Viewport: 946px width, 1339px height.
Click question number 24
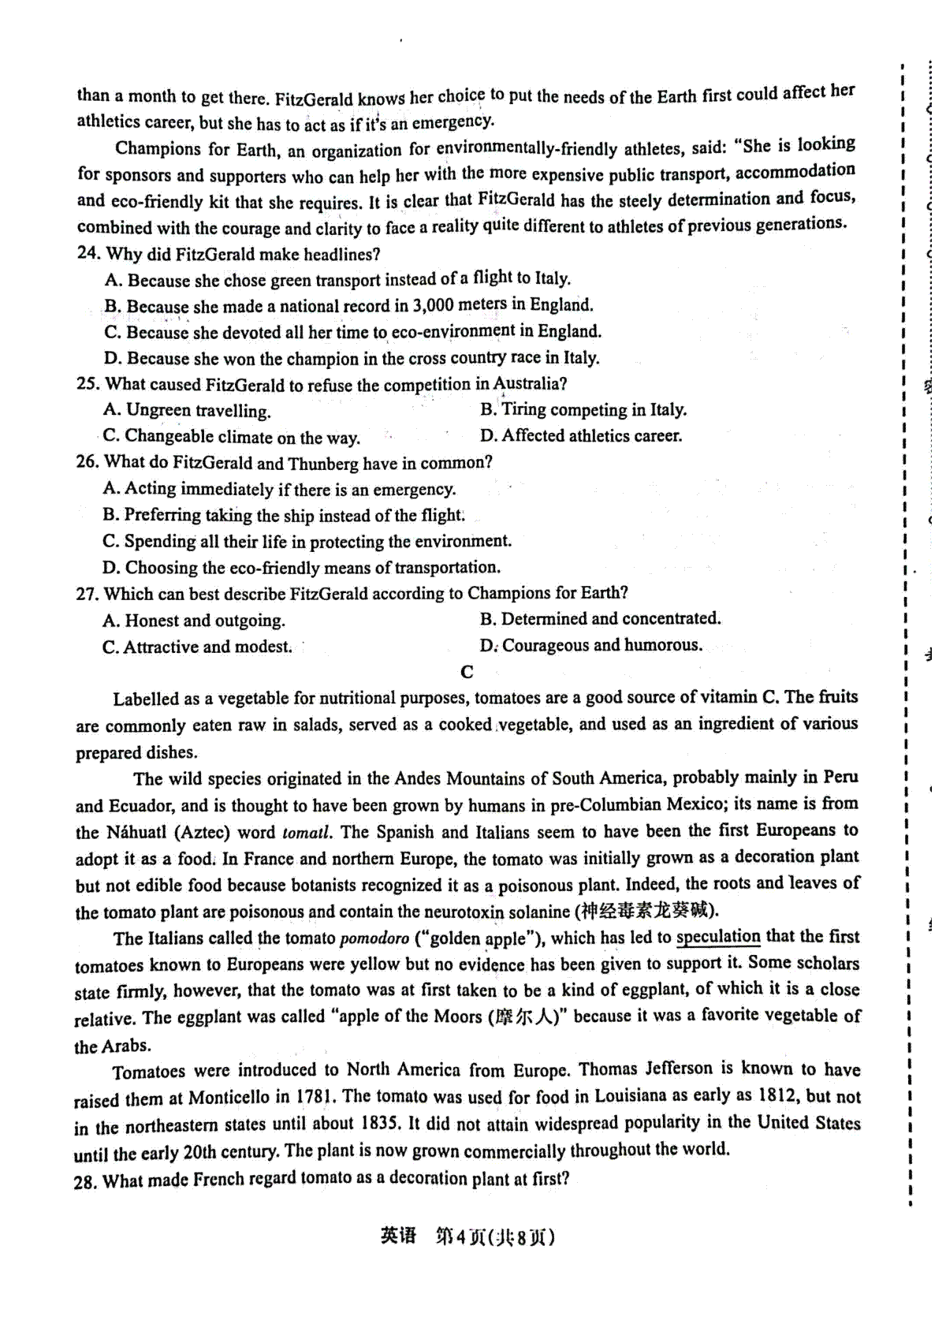tap(88, 254)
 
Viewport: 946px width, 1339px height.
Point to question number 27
tap(87, 594)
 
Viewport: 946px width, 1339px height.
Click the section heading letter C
tap(467, 672)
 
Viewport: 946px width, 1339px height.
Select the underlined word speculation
tap(717, 938)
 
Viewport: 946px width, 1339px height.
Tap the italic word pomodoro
tap(374, 939)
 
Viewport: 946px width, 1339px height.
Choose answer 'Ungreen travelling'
tap(198, 410)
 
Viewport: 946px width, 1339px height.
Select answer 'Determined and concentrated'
tap(610, 619)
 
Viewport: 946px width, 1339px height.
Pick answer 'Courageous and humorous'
tap(601, 646)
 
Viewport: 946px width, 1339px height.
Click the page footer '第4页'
tap(460, 1236)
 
